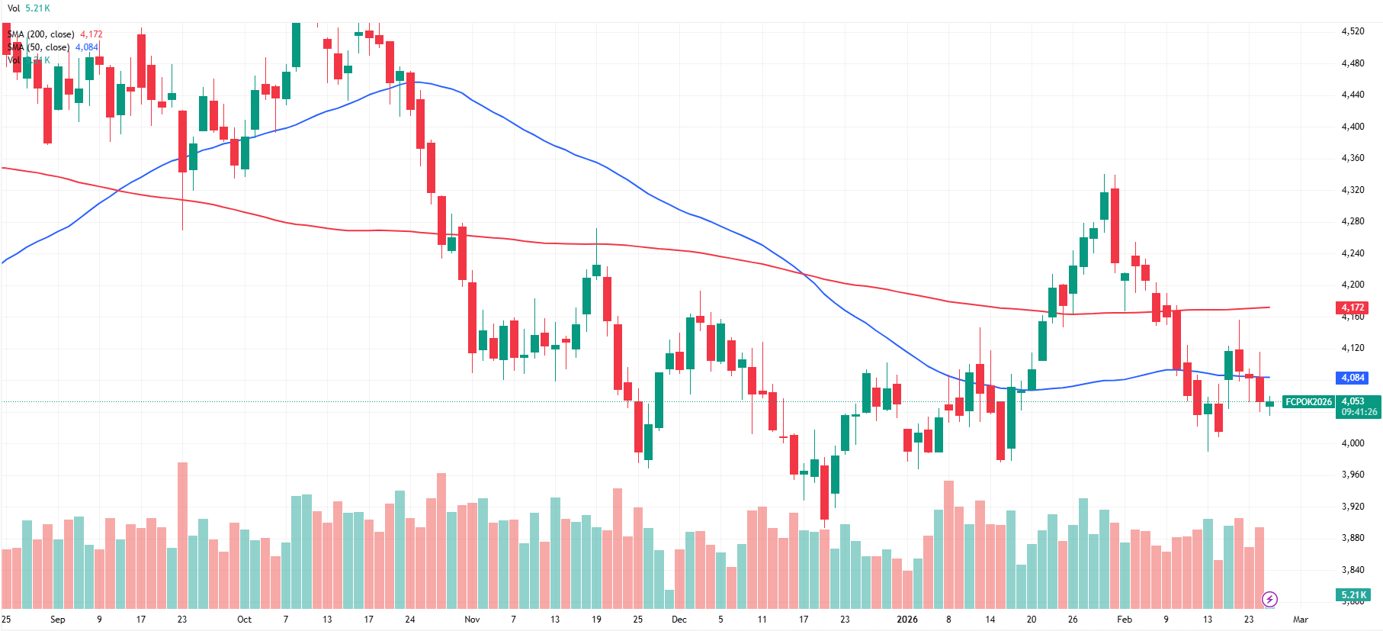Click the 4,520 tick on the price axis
(1353, 31)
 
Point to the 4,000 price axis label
(1353, 443)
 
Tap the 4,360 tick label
(1353, 158)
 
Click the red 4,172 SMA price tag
(1353, 307)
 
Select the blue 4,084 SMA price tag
(1353, 378)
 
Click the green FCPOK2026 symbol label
(1308, 402)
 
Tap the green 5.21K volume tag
(1353, 595)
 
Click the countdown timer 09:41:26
(1359, 412)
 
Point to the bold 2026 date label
(907, 620)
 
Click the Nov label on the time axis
(472, 620)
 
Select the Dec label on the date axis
(679, 620)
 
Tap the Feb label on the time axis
(1124, 620)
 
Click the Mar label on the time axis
(1301, 620)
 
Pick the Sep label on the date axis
(57, 620)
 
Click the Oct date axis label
(244, 620)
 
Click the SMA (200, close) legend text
(41, 34)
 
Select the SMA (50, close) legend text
(39, 47)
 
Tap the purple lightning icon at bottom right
(1269, 599)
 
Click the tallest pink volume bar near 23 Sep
(182, 534)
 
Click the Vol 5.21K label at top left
(29, 8)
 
